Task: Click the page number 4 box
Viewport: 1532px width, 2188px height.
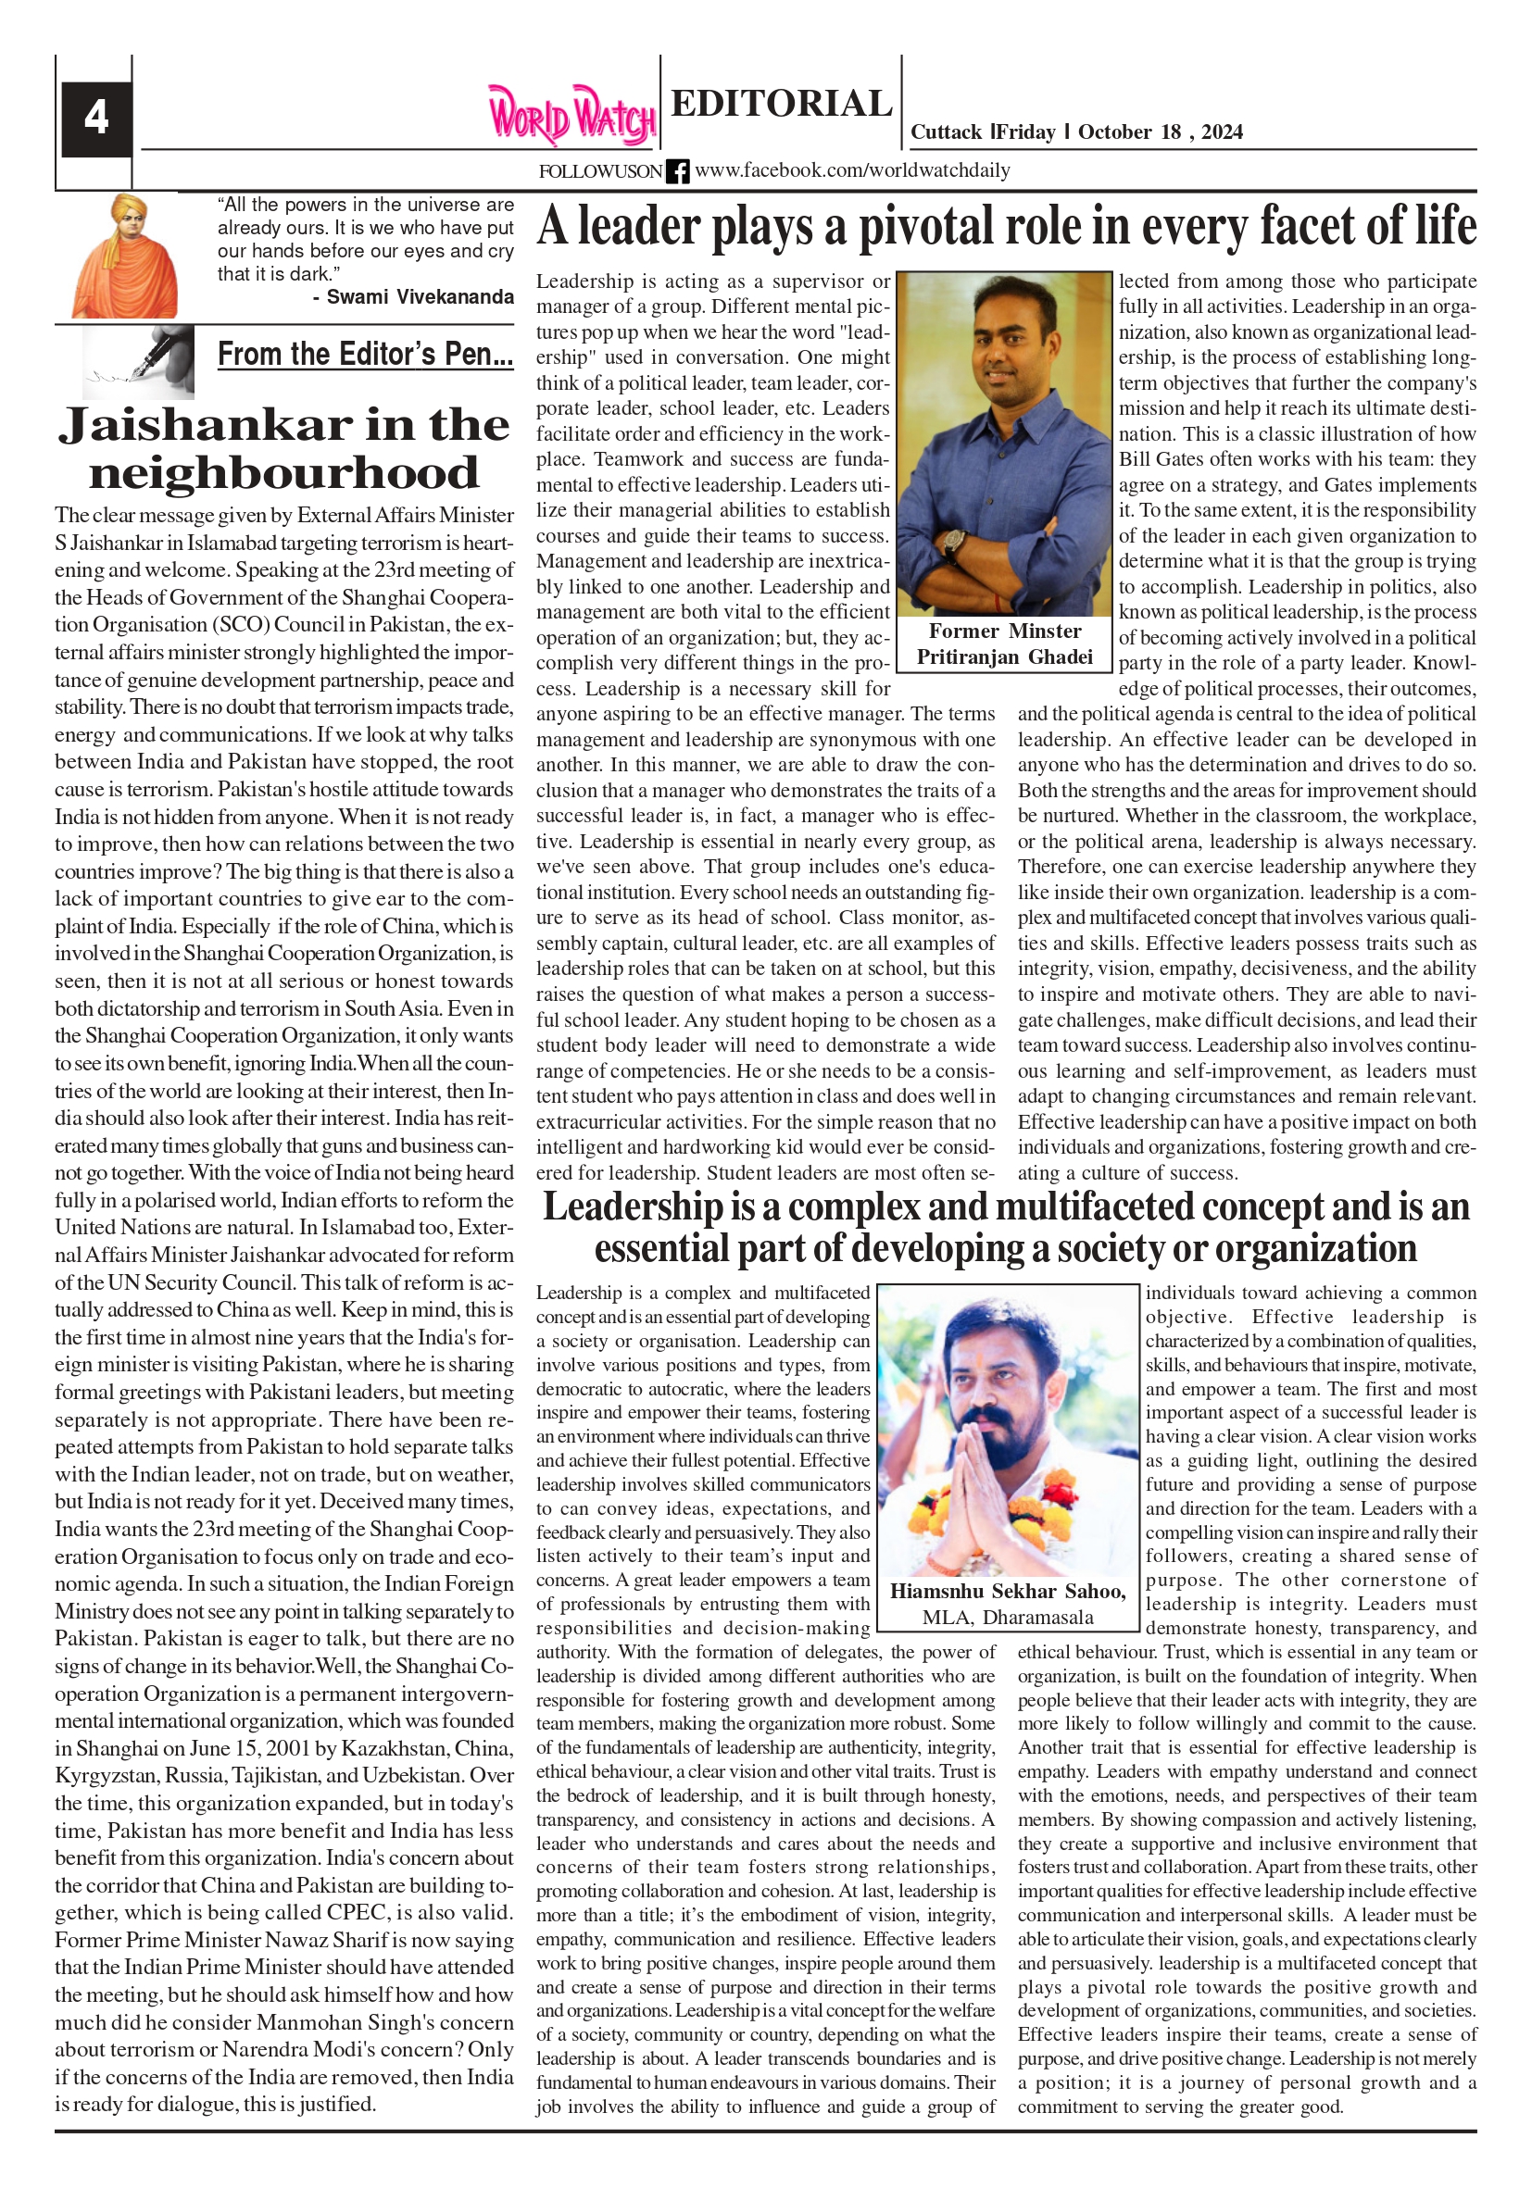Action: click(95, 119)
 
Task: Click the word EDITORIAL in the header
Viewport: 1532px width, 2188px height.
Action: click(781, 104)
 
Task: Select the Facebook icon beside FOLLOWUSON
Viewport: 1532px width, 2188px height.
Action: click(677, 171)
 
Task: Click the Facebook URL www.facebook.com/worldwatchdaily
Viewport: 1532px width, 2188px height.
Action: click(852, 170)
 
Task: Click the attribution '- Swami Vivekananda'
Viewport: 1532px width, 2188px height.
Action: click(413, 297)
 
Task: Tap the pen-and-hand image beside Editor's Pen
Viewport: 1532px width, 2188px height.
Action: click(138, 361)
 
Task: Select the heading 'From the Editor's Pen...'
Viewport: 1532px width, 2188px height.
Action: click(365, 355)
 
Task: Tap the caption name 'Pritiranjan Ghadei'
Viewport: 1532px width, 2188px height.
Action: click(1005, 657)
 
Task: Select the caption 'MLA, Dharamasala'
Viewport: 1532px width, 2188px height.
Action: click(1008, 1618)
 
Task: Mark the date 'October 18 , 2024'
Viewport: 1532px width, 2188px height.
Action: click(1161, 132)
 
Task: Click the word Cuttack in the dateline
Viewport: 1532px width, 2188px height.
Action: click(946, 132)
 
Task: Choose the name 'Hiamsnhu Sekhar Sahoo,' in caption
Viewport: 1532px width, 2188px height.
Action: click(1008, 1591)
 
